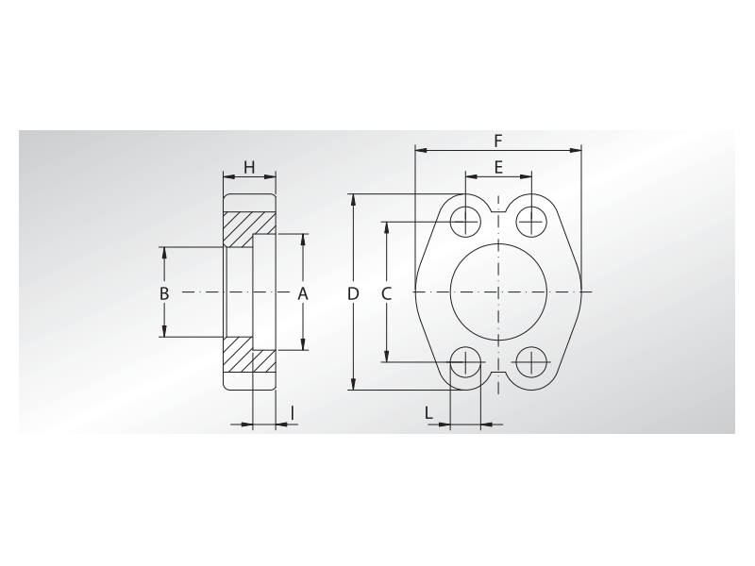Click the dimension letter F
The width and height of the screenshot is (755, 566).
[498, 141]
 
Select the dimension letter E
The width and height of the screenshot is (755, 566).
[498, 168]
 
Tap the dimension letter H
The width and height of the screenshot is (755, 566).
[249, 168]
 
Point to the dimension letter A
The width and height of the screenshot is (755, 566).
[302, 293]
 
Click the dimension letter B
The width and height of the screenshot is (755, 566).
[164, 293]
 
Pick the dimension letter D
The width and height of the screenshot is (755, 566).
[353, 293]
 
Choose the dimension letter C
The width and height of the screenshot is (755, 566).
[387, 293]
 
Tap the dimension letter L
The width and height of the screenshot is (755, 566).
[428, 413]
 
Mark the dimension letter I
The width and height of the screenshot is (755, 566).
[293, 413]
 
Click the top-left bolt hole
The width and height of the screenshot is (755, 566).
[465, 222]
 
